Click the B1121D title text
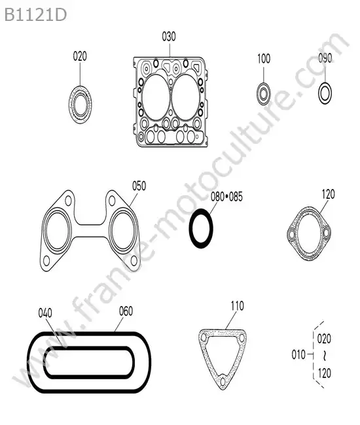(35, 15)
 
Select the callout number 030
(169, 37)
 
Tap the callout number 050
(139, 186)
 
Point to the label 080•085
(226, 197)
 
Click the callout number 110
(238, 306)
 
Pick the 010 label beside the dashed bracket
(298, 354)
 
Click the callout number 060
(126, 311)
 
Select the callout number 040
(45, 313)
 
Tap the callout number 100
(264, 59)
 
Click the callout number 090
(325, 58)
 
